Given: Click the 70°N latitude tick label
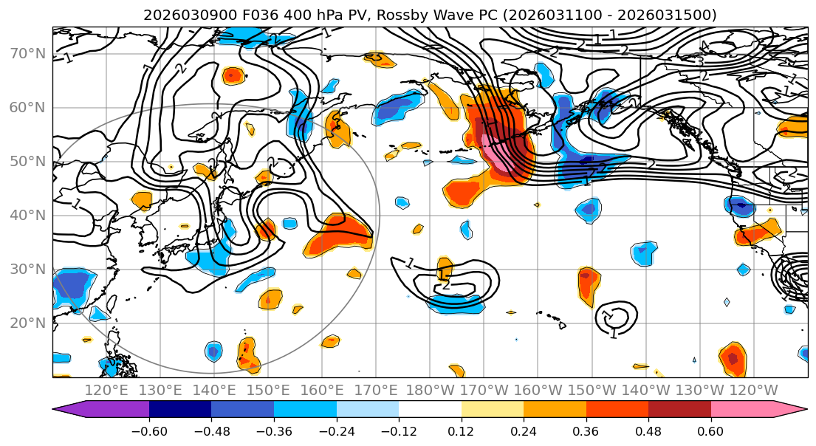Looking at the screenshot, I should [x=27, y=53].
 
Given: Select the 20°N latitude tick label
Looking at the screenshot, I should [x=27, y=323].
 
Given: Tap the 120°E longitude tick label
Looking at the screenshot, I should [x=106, y=390].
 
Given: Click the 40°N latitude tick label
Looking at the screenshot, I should [x=27, y=215].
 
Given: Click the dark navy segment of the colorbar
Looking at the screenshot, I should [x=180, y=410].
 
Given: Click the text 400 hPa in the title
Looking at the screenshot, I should [x=291, y=15].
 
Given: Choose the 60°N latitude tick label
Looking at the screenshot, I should [x=27, y=107].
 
